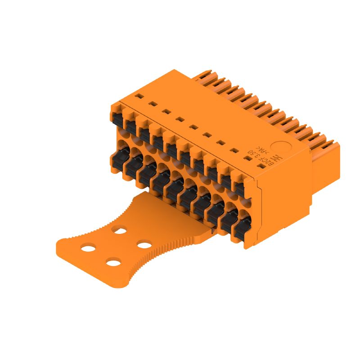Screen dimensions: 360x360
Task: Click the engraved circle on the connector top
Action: tap(283, 148)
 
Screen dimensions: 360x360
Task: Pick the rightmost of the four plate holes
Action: tap(144, 245)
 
